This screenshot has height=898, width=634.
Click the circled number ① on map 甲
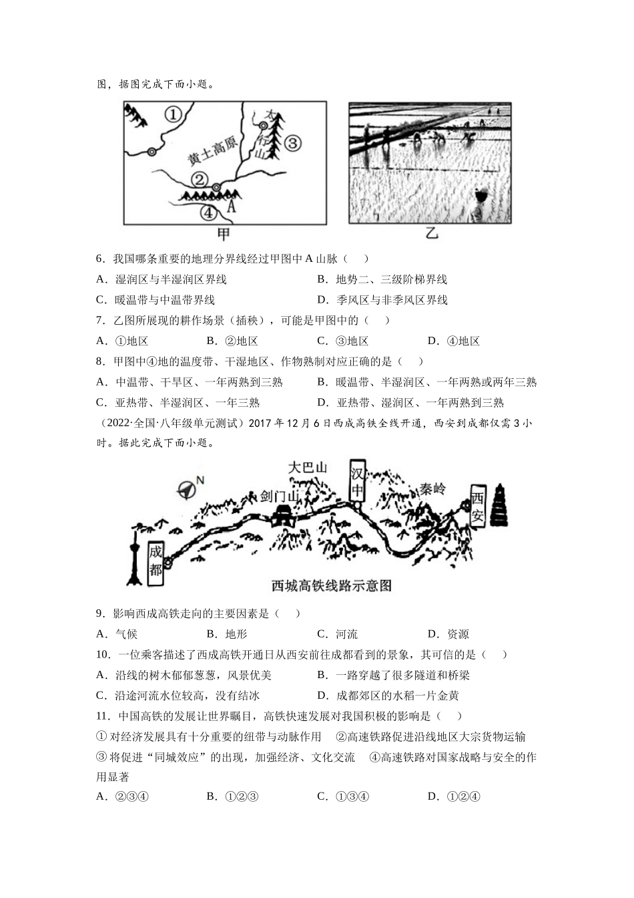[173, 115]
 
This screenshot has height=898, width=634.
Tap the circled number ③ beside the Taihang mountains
[293, 143]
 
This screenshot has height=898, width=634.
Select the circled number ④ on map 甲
[209, 212]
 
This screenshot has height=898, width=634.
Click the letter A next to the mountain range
[232, 206]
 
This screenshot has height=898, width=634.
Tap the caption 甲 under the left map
[224, 234]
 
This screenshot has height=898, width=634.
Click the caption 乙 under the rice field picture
[432, 234]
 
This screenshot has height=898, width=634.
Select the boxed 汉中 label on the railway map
[358, 482]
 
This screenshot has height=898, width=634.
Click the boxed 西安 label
[477, 506]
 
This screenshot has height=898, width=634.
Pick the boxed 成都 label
[155, 562]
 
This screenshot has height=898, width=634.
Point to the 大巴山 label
[308, 468]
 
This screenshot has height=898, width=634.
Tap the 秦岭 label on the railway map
[432, 488]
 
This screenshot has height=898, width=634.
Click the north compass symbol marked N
[189, 488]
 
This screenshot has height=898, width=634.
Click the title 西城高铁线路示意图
[332, 586]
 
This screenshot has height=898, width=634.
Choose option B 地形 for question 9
[227, 634]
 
